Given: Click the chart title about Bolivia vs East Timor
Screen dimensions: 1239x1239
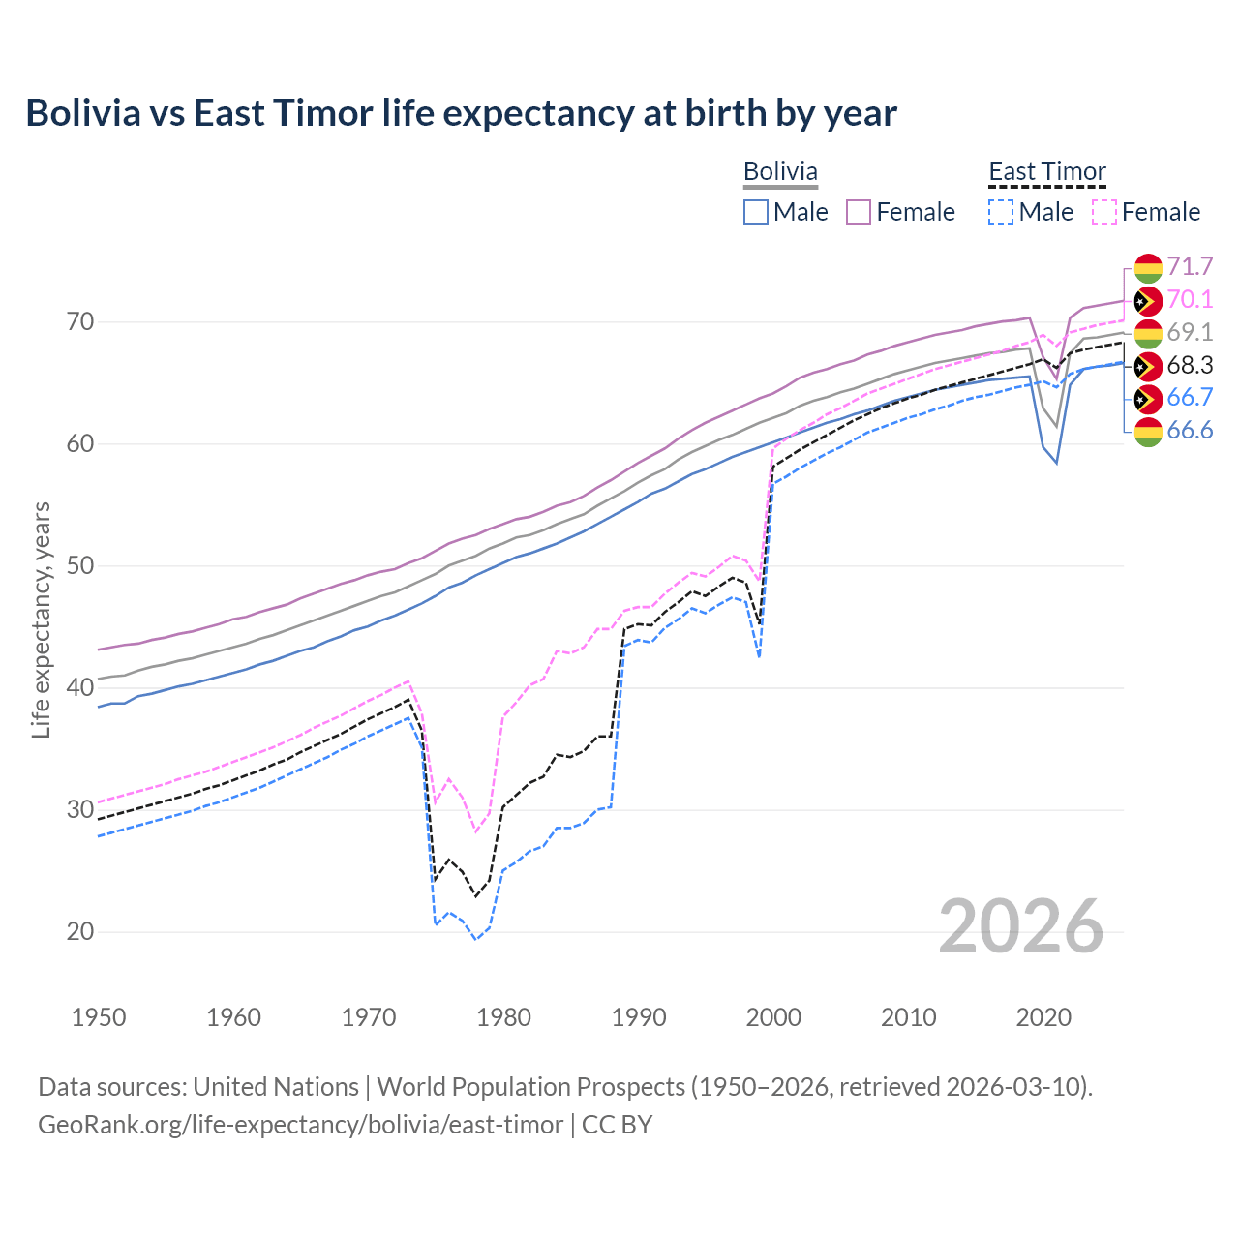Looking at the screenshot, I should pos(461,113).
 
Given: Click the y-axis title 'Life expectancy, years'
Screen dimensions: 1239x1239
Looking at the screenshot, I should pos(41,619).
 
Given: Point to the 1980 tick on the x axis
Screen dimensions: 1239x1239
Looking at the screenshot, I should pos(503,1017).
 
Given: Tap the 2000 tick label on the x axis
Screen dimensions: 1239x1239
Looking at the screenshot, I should pos(773,1017).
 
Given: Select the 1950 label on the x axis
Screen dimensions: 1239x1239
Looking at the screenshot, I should pos(99,1017).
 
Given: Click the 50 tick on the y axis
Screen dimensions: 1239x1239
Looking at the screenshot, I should pos(79,565).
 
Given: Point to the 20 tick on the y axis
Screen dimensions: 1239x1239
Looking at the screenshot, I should pos(79,931).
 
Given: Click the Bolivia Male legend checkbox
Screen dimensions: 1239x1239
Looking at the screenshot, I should pos(756,212).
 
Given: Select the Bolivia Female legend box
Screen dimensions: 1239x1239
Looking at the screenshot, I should pos(859,212).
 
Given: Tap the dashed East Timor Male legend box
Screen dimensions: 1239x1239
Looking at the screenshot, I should pos(1001,212).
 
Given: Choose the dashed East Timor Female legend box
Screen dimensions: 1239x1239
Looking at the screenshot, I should pos(1104,212).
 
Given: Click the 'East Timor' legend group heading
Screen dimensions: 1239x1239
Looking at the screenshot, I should pos(1046,172).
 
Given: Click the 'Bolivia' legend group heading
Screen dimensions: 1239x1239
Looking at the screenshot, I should pos(780,172).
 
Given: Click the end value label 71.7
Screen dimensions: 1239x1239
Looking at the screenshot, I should pos(1190,267).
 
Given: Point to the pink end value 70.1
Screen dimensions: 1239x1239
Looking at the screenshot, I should pos(1190,300).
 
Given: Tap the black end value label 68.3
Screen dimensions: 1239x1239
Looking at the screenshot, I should pos(1190,366).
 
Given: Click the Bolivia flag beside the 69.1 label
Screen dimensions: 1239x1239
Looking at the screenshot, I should pos(1148,333).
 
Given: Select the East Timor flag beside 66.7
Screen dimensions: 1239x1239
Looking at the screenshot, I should pos(1148,398).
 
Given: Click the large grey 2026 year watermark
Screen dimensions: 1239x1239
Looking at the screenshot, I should pos(1021,926).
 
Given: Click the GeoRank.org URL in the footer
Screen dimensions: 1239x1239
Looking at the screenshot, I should pos(300,1125).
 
